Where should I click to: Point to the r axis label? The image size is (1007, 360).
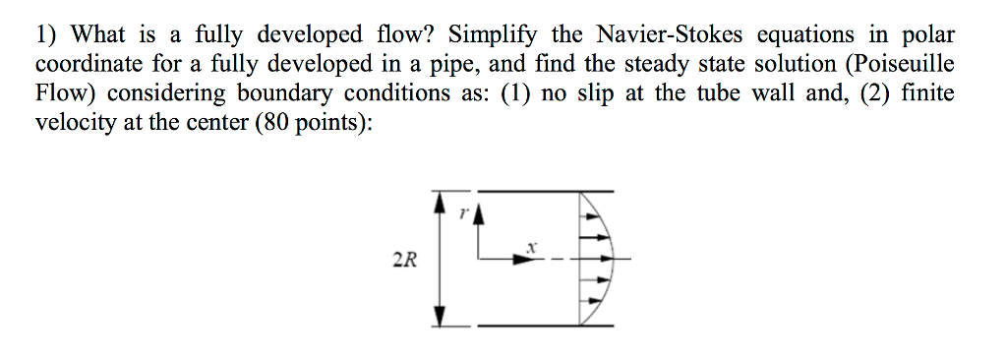464,210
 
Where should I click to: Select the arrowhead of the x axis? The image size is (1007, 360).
521,260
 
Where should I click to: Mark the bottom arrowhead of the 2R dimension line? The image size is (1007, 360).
440,318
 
